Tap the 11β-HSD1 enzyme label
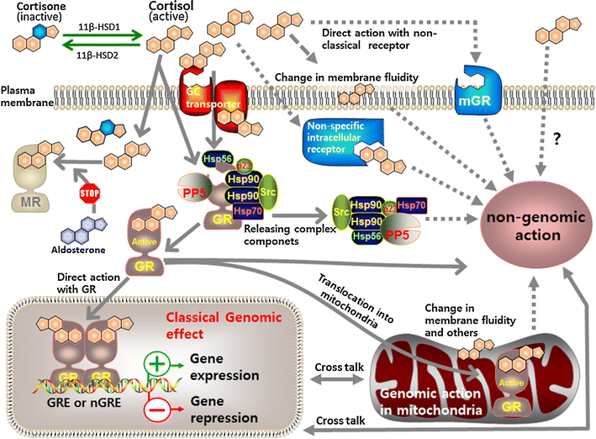[95, 26]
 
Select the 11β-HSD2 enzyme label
[95, 55]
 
